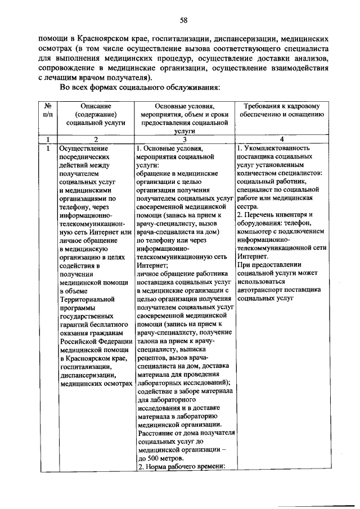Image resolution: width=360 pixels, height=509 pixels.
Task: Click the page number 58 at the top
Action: tap(183, 21)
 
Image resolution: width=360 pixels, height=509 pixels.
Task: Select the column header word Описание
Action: tap(96, 106)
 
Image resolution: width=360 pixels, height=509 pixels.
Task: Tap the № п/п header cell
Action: tap(48, 110)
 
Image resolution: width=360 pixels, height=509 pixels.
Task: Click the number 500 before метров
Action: tap(152, 458)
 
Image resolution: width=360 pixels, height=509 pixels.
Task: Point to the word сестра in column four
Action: tap(248, 206)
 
